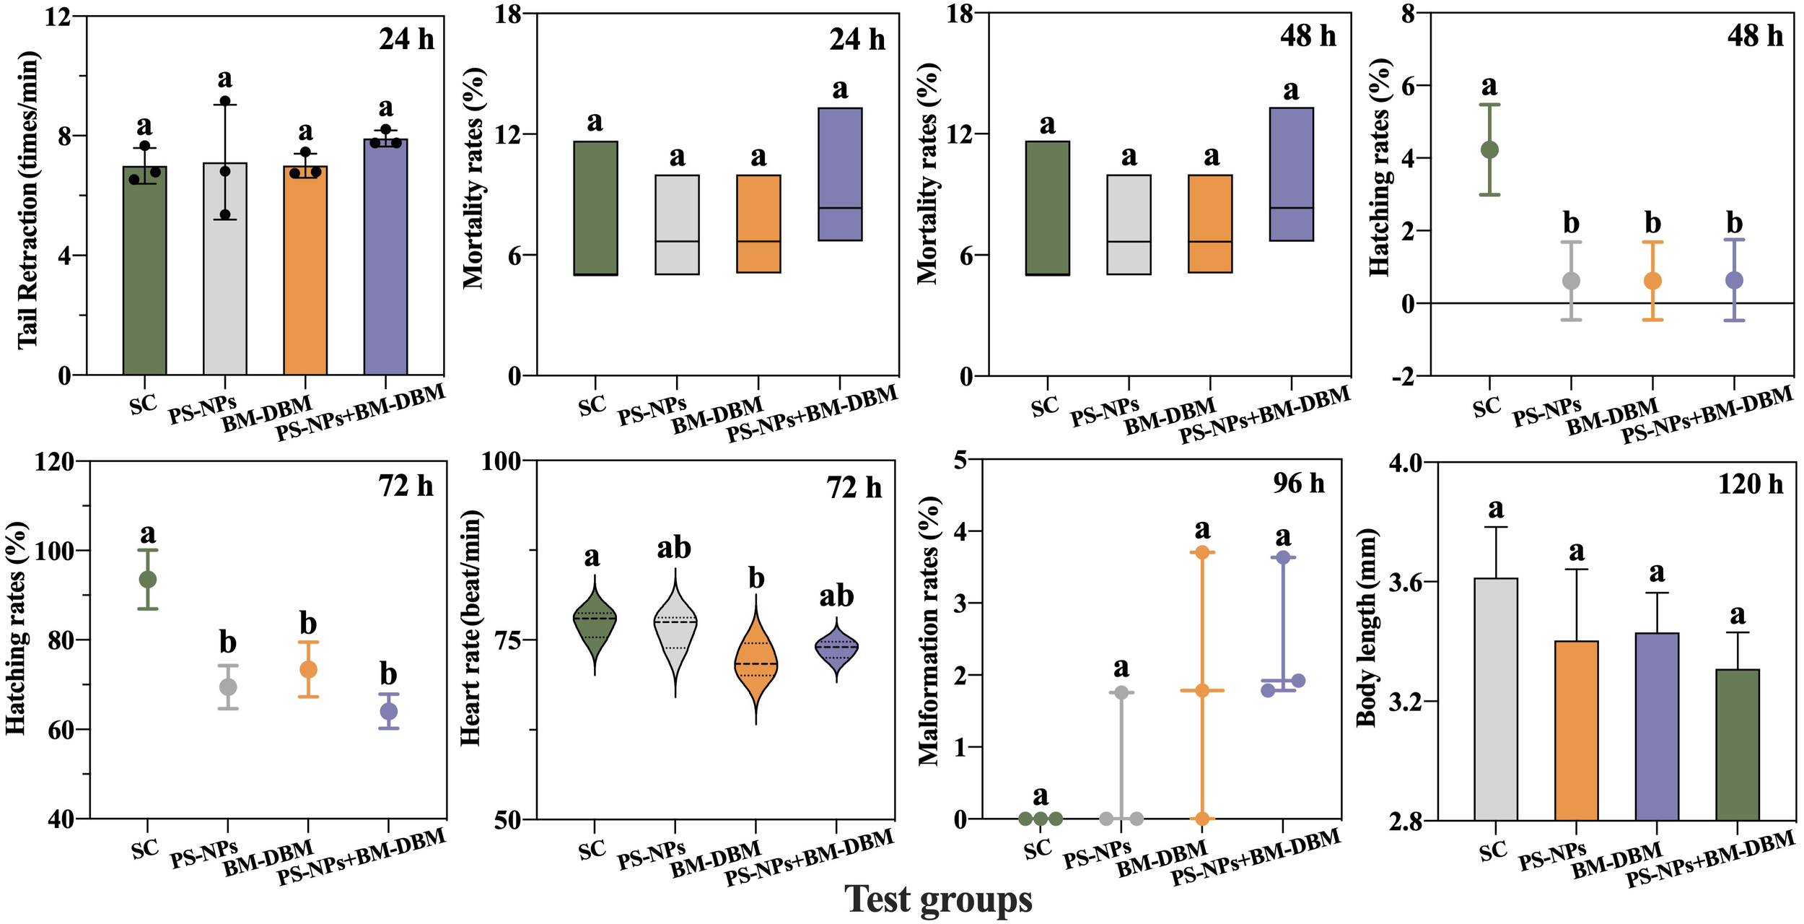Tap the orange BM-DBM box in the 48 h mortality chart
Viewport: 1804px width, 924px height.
(x=1210, y=223)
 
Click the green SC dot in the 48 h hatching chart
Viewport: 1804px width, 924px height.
(x=1489, y=150)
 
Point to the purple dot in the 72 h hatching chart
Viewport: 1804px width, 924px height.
(x=388, y=711)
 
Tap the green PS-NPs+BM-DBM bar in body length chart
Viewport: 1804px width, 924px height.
(x=1738, y=744)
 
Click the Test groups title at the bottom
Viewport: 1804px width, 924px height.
(x=938, y=899)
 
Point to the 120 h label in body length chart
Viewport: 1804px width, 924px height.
(x=1750, y=484)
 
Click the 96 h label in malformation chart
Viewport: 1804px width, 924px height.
(x=1298, y=484)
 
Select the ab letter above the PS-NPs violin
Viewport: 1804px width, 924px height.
(x=673, y=549)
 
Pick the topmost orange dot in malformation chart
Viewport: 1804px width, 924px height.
(x=1201, y=552)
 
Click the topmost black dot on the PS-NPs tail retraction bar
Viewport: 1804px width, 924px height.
(x=225, y=101)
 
